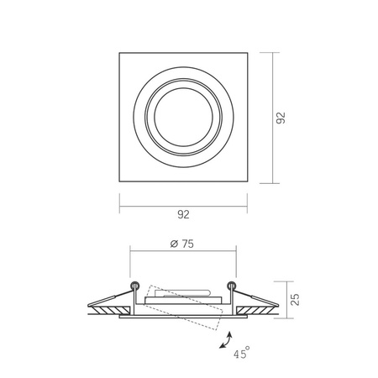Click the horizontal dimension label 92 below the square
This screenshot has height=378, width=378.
(183, 215)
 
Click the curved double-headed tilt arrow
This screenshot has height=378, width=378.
(226, 339)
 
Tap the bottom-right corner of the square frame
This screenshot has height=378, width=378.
(249, 182)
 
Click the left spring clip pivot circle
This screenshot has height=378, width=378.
(134, 281)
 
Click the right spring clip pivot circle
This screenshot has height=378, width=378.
(234, 281)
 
